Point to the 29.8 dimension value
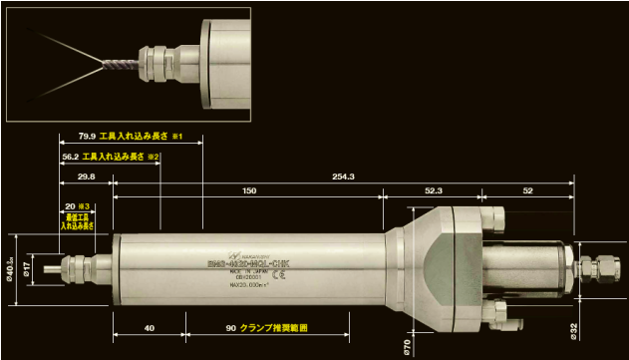tap(86, 177)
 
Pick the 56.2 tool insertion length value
tap(71, 156)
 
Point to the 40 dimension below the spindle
tap(150, 327)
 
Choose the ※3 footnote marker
tap(85, 204)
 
